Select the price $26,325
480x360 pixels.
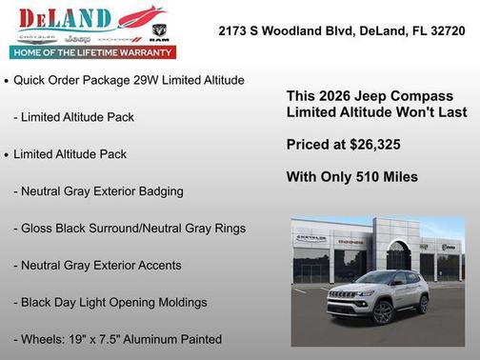[373, 145]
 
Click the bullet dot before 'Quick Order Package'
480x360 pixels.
[7, 82]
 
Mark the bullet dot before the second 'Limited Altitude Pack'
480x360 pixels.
[7, 155]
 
